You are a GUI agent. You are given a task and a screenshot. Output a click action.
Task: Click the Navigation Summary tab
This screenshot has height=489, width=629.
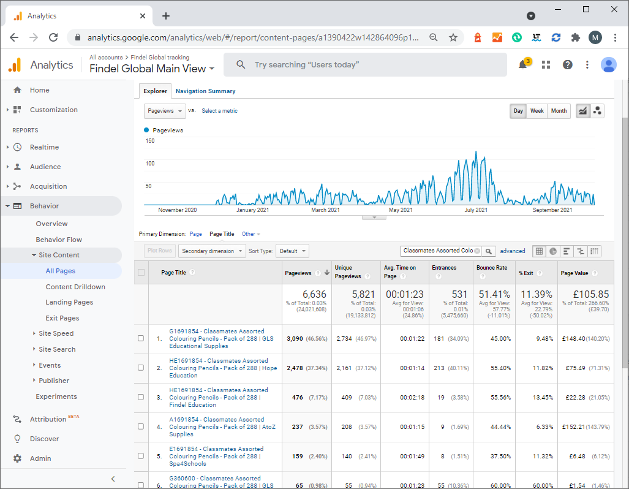click(205, 91)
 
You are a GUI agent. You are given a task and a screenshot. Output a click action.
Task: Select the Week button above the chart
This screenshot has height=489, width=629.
click(537, 111)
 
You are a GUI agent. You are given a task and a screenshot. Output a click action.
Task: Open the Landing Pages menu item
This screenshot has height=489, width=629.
click(69, 302)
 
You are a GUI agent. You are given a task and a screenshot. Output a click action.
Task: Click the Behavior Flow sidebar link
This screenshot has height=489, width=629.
click(59, 239)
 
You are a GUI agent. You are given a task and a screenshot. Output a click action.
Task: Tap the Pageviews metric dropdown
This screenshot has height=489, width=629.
click(165, 111)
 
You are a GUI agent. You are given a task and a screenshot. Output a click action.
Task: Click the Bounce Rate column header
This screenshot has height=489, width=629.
click(492, 268)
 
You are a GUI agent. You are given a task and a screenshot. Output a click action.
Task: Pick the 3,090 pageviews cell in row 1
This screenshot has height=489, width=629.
click(295, 338)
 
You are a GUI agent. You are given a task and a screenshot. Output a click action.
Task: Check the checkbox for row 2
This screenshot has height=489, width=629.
click(141, 368)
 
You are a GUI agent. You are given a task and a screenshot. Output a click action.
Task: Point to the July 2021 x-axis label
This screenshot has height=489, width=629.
click(476, 210)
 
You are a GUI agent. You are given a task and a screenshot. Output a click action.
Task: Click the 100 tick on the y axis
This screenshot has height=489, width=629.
click(150, 164)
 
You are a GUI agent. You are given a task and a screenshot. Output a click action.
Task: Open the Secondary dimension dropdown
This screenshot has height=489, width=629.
click(212, 251)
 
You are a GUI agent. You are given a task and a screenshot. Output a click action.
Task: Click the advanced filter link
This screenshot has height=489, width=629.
click(512, 251)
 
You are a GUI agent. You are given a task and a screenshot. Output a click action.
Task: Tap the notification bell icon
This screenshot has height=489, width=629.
click(522, 64)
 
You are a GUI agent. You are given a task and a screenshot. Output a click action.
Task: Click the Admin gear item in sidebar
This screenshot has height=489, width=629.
click(32, 458)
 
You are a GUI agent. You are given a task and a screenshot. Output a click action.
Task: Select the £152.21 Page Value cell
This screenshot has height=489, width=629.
click(574, 426)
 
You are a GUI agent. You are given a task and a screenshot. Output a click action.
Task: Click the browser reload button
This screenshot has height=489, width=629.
click(53, 37)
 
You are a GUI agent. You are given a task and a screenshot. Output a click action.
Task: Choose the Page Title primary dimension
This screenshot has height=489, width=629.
click(222, 234)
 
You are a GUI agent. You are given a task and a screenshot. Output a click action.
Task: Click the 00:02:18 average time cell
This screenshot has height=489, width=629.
click(412, 398)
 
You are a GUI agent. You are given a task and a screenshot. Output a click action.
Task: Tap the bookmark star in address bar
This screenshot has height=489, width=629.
click(453, 37)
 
